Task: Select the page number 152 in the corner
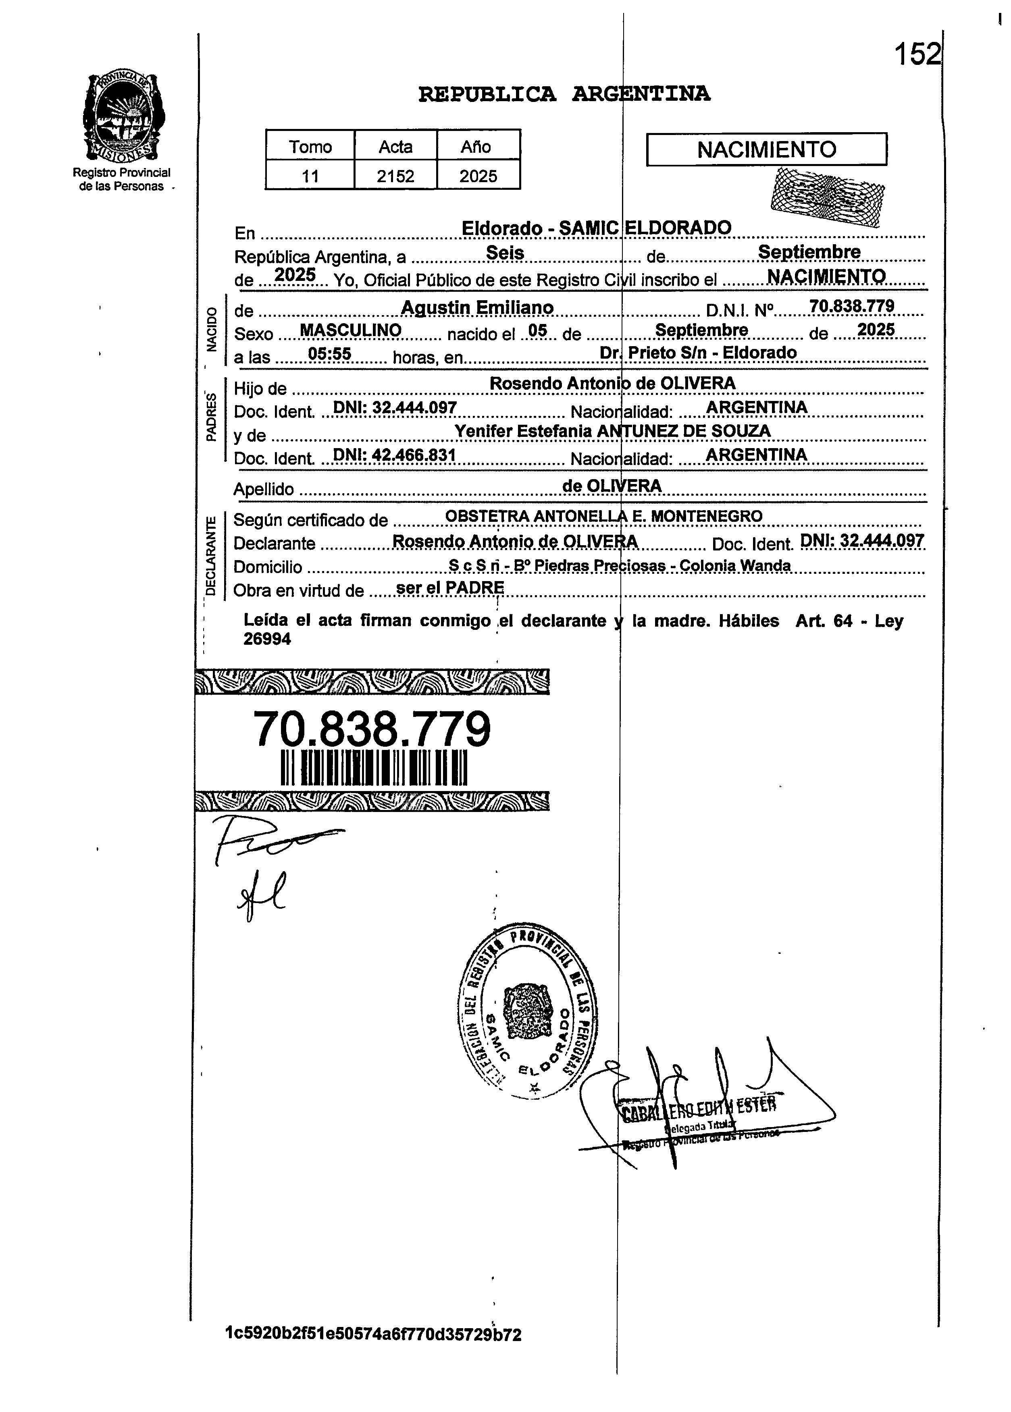(x=916, y=55)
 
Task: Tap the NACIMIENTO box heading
(x=766, y=150)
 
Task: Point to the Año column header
(x=476, y=147)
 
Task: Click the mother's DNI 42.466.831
(x=395, y=455)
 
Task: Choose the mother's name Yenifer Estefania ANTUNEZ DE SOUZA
(x=613, y=431)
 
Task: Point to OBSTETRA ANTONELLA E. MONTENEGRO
(x=604, y=516)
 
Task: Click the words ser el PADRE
(x=450, y=588)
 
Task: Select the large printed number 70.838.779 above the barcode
(x=372, y=729)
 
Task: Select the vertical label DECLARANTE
(x=211, y=555)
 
